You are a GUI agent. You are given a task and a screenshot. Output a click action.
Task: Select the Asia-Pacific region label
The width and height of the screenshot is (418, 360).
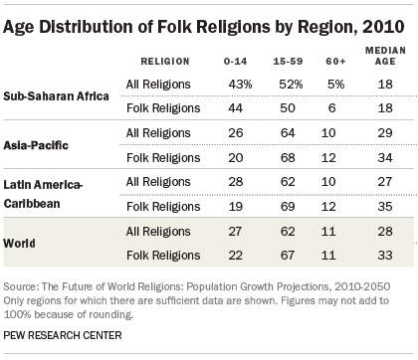[35, 147]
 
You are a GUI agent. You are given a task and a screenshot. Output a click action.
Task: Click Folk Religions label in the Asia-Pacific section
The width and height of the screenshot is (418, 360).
[162, 156]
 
